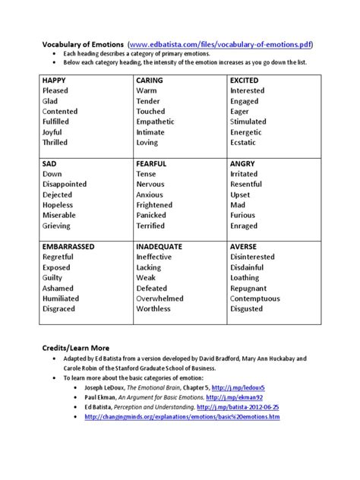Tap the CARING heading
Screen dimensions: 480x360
coord(154,80)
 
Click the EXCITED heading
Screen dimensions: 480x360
coord(248,80)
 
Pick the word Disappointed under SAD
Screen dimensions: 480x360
coord(68,185)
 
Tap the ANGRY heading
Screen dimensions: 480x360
coord(245,163)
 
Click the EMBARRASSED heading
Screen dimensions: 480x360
coord(74,247)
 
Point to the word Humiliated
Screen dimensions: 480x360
coord(65,299)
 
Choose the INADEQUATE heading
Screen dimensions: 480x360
coord(167,247)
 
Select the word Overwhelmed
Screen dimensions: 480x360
coord(166,299)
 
